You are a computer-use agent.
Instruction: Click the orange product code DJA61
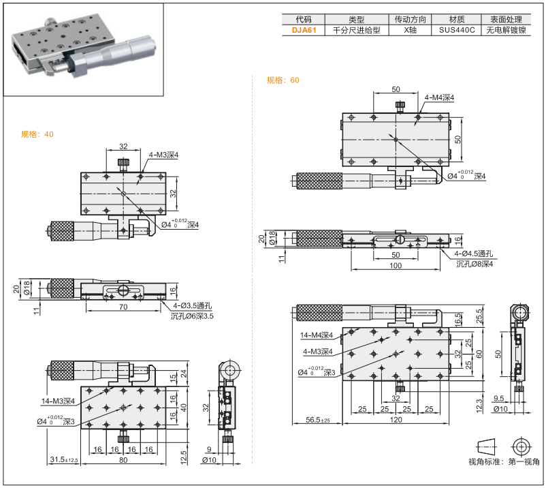[x=304, y=31]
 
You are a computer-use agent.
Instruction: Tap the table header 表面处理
[x=507, y=19]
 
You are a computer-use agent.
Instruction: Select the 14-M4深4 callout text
[x=317, y=335]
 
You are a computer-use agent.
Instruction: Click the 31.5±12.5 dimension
[x=63, y=461]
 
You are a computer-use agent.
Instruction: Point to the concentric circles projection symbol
[x=522, y=446]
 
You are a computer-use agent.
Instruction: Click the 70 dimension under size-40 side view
[x=123, y=308]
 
